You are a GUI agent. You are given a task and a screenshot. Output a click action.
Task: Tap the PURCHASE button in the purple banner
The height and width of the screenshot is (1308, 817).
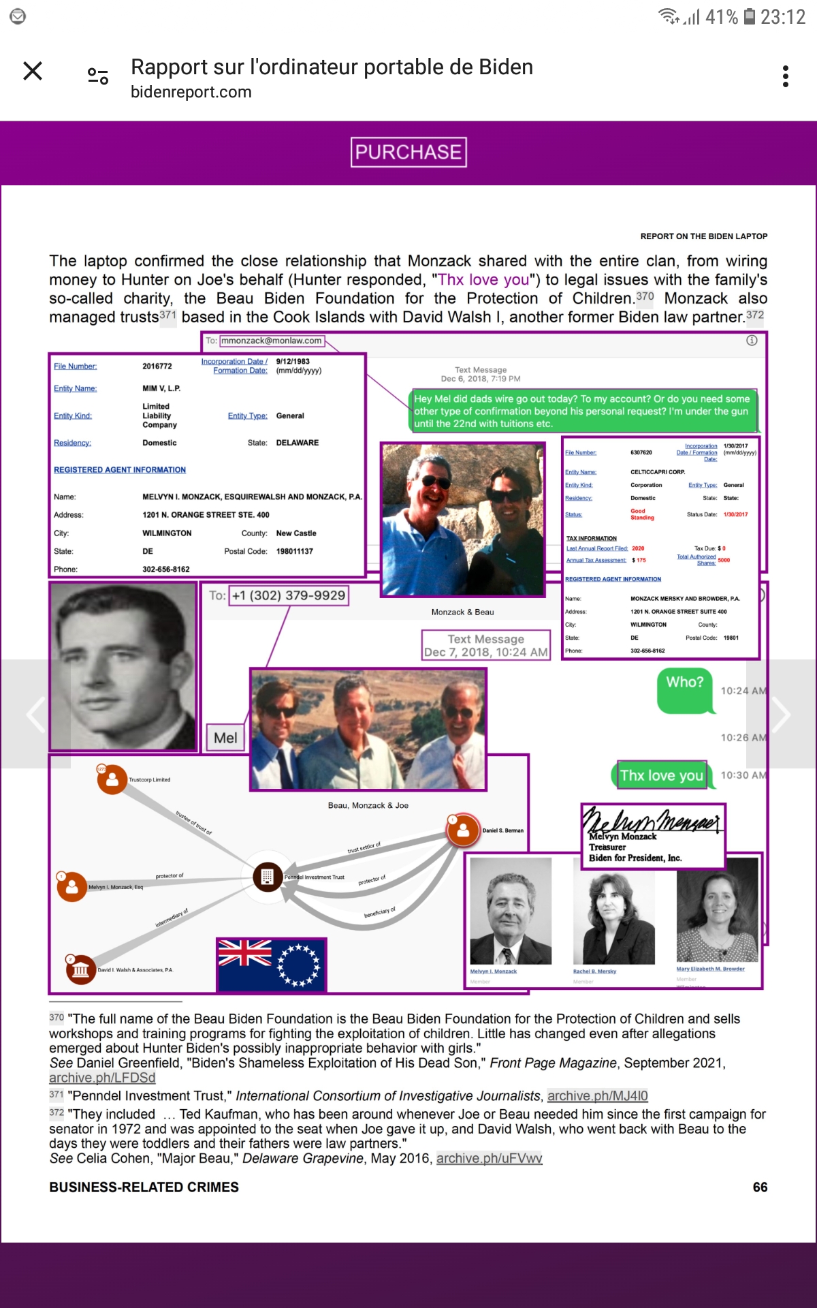(408, 152)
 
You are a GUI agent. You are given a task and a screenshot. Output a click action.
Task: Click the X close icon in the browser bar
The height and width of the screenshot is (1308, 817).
(33, 71)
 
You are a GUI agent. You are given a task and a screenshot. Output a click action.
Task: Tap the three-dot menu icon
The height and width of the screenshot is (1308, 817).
(786, 76)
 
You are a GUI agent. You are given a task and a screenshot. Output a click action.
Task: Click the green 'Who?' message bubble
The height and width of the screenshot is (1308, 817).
(685, 689)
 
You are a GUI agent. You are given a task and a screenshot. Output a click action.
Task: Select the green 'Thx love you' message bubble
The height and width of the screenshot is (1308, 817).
(662, 775)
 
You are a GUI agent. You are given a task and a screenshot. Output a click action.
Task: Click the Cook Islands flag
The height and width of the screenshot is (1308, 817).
(272, 964)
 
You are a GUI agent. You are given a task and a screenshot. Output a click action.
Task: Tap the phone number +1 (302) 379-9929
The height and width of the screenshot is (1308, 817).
(289, 595)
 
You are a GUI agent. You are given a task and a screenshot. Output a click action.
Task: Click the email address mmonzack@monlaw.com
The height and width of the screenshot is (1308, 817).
(272, 341)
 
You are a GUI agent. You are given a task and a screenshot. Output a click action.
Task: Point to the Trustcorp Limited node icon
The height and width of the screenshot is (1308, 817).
(112, 780)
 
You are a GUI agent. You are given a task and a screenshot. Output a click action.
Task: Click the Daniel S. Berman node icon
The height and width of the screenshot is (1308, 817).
(463, 830)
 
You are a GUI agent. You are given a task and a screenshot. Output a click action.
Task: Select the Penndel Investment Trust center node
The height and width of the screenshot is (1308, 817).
(268, 877)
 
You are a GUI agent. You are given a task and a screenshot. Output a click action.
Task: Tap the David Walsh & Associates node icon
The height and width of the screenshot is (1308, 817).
(80, 969)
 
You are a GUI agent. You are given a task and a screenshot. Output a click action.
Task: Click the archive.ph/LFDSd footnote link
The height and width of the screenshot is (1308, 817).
(102, 1078)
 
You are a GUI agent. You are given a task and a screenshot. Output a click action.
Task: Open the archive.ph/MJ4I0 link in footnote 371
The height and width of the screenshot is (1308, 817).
(597, 1095)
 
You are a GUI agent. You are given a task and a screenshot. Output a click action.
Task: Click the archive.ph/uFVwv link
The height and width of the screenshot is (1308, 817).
(489, 1158)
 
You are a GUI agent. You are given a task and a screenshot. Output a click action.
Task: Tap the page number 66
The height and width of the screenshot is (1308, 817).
(760, 1187)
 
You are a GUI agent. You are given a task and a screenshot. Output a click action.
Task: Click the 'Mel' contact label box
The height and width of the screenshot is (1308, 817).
(225, 738)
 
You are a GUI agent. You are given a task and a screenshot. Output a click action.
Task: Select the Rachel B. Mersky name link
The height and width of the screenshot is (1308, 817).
(594, 971)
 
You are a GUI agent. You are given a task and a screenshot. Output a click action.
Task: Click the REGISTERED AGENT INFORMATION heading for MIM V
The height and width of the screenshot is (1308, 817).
(120, 470)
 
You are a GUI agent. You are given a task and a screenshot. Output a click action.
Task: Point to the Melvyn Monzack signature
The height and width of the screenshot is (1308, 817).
(652, 820)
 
